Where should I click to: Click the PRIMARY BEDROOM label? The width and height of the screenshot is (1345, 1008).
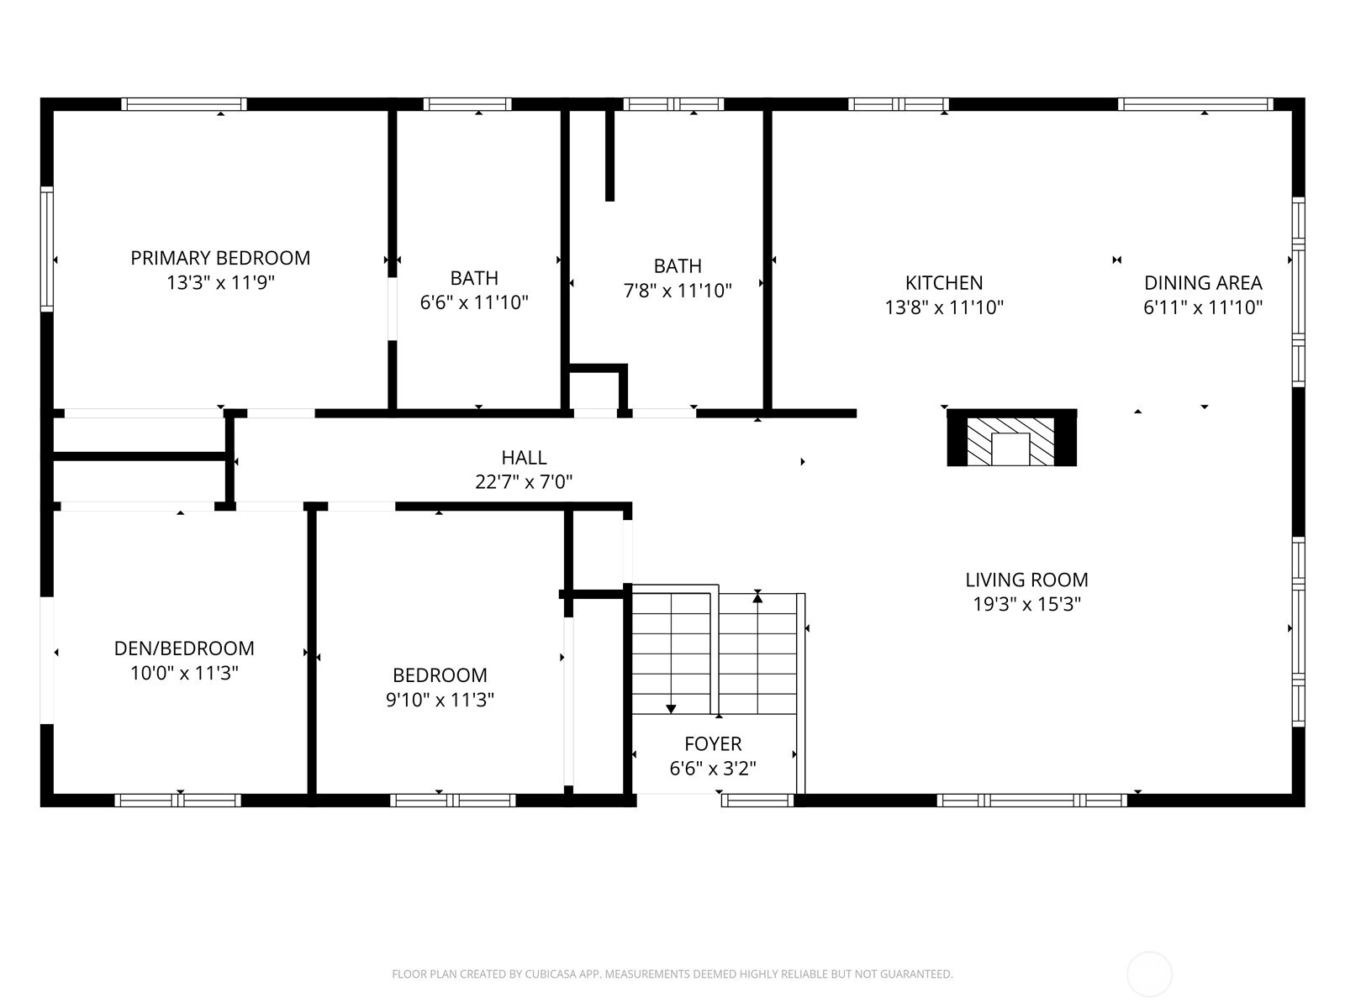220,258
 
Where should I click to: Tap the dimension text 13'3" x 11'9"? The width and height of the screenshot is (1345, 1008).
220,283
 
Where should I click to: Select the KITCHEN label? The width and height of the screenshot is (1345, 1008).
944,283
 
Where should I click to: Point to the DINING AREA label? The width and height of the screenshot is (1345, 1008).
1203,283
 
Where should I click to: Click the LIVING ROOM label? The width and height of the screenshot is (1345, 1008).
1026,580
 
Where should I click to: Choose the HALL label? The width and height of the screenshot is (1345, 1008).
524,457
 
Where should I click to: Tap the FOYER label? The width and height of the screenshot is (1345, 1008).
713,743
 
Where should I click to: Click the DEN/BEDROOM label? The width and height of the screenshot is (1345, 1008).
184,648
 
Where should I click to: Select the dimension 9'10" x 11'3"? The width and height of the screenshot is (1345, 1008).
440,700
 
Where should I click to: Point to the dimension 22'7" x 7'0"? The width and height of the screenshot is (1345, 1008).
524,482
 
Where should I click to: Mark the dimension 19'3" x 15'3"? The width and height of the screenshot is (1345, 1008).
1027,604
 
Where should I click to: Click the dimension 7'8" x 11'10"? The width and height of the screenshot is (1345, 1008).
678,290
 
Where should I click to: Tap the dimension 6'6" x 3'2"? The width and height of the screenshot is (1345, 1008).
713,768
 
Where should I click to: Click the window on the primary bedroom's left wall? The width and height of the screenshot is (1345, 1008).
47,249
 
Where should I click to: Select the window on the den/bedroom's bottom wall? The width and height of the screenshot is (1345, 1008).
177,800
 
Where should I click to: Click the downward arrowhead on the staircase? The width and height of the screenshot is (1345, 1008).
671,709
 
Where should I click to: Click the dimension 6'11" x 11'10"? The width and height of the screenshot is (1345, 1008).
1203,307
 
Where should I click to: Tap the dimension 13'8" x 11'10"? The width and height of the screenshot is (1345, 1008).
944,307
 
